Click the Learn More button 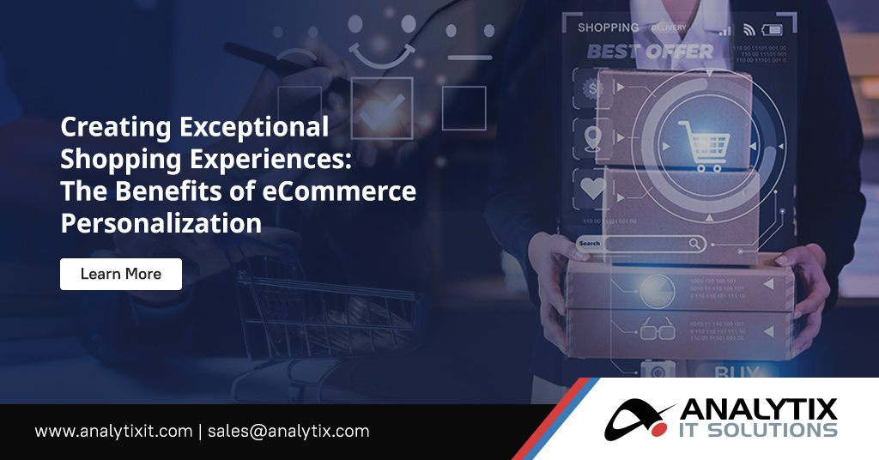pyautogui.click(x=121, y=274)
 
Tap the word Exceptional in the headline pyautogui.click(x=254, y=128)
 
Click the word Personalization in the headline pyautogui.click(x=161, y=223)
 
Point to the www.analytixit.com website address pyautogui.click(x=113, y=431)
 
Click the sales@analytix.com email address pyautogui.click(x=288, y=431)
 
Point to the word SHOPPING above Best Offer pyautogui.click(x=608, y=27)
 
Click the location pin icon pyautogui.click(x=592, y=137)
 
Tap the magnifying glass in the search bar pyautogui.click(x=695, y=245)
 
